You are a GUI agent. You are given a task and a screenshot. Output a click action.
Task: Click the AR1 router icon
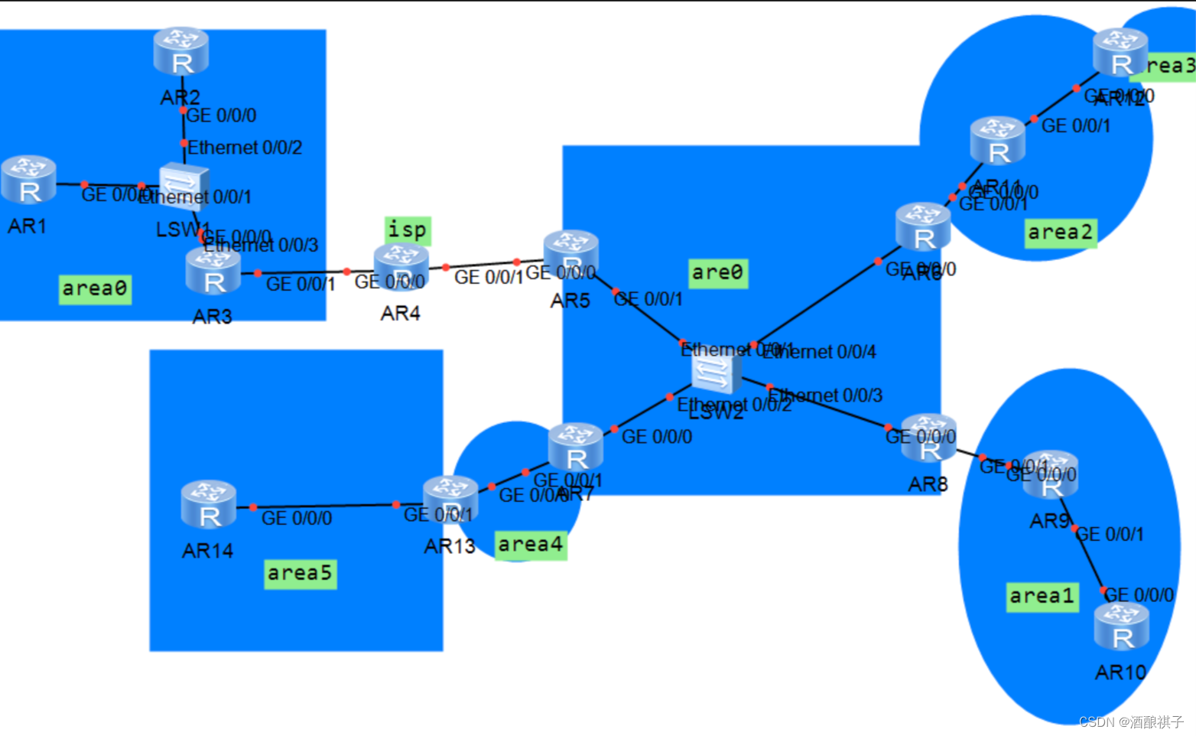pyautogui.click(x=28, y=180)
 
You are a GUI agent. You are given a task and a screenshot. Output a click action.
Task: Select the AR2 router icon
pyautogui.click(x=181, y=51)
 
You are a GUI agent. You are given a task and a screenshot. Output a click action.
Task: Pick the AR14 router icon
pyautogui.click(x=208, y=505)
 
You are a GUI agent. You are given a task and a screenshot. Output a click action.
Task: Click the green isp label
pyautogui.click(x=408, y=230)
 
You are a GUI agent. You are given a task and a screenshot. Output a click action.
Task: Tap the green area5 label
pyautogui.click(x=300, y=573)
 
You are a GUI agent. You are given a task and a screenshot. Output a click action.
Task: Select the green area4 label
pyautogui.click(x=531, y=545)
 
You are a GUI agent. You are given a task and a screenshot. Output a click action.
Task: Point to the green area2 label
pyautogui.click(x=1061, y=233)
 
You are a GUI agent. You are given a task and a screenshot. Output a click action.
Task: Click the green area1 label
pyautogui.click(x=1043, y=596)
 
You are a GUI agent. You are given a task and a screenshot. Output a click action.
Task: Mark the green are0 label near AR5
pyautogui.click(x=717, y=272)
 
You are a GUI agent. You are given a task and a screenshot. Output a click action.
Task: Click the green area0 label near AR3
pyautogui.click(x=95, y=289)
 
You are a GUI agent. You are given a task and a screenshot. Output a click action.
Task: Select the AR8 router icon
pyautogui.click(x=928, y=438)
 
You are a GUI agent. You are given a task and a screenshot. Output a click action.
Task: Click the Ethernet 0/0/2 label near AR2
pyautogui.click(x=245, y=148)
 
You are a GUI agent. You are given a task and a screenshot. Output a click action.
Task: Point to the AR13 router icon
pyautogui.click(x=450, y=500)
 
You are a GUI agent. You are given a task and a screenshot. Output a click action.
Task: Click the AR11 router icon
pyautogui.click(x=997, y=141)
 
